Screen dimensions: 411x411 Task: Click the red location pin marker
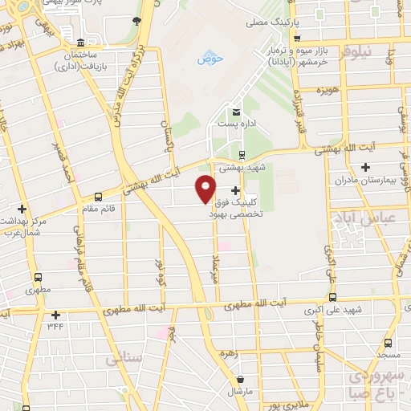click(x=205, y=187)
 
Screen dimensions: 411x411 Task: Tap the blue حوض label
click(x=209, y=59)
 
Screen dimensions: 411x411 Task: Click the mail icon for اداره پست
click(x=236, y=112)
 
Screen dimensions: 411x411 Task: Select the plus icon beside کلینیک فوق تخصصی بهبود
click(x=235, y=190)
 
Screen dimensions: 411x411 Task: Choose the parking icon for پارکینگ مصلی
click(x=297, y=38)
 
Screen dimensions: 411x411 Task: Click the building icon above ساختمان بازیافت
click(x=80, y=42)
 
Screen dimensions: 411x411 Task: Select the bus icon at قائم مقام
click(x=98, y=196)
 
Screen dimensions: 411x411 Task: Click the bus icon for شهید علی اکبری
click(x=333, y=296)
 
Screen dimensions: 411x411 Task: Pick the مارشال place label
click(x=239, y=391)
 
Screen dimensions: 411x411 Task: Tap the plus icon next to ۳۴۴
click(x=55, y=315)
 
